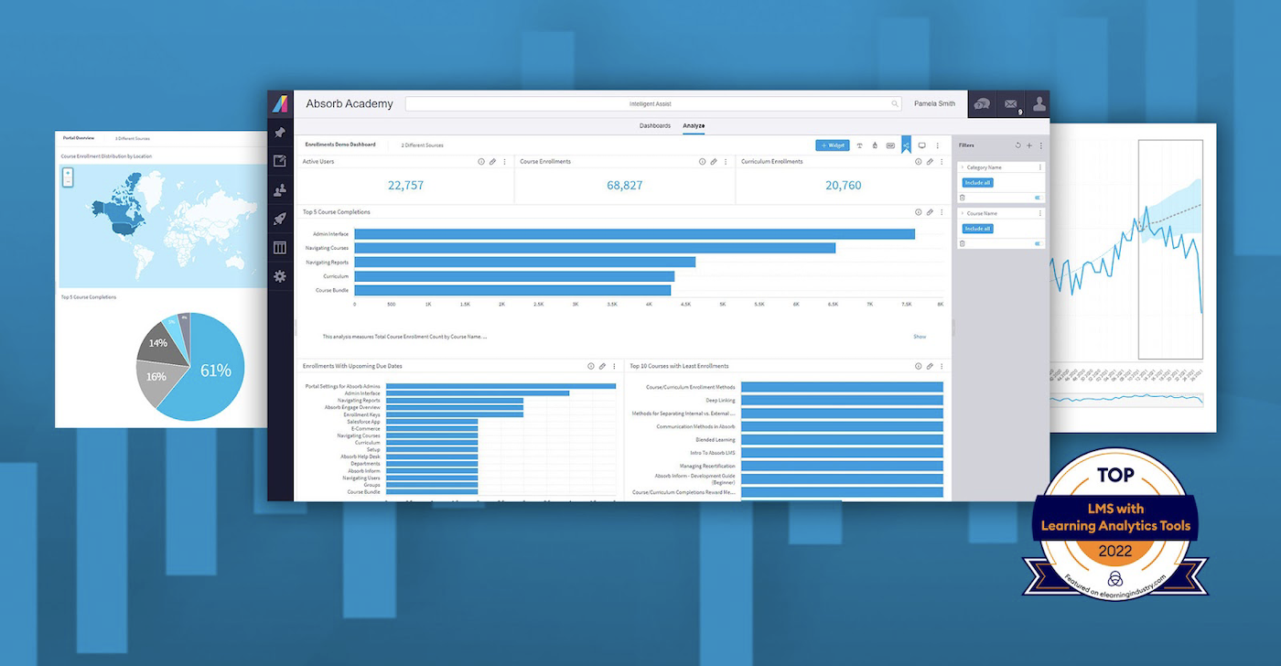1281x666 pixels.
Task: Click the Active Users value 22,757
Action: coord(405,186)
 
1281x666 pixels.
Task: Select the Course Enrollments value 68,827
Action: coord(625,186)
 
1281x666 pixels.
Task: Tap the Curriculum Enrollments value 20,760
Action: coord(843,186)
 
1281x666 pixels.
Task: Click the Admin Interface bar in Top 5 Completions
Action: coord(634,234)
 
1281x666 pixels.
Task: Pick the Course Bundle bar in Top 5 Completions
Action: coord(512,290)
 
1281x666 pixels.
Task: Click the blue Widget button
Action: coord(833,145)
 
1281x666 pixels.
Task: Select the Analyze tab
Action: coord(694,125)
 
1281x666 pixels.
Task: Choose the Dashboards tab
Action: coord(654,125)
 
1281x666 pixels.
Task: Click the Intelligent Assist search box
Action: coord(652,104)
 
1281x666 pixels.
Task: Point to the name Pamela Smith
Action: coord(934,103)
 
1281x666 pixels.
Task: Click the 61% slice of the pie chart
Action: coord(215,371)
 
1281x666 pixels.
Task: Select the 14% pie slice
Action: coord(158,343)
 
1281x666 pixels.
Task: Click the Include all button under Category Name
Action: coord(977,183)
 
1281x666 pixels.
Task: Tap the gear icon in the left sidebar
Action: coord(280,276)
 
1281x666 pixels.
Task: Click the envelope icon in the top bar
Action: coord(1010,104)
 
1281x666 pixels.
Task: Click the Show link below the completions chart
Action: coord(920,337)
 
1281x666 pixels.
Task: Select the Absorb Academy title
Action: coord(350,103)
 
